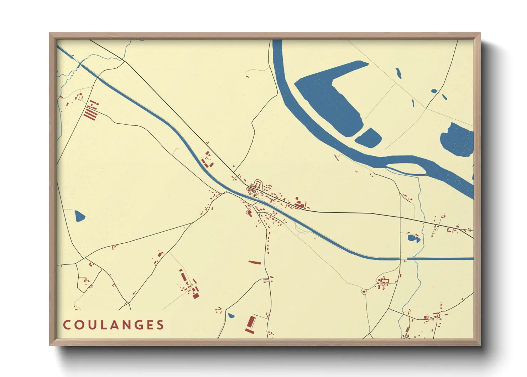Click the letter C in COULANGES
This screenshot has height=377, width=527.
click(67, 325)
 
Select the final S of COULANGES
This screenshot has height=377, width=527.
click(161, 325)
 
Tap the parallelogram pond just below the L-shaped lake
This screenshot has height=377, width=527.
click(368, 138)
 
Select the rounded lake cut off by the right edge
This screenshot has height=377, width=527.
click(458, 140)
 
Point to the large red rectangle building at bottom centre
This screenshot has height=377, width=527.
click(251, 324)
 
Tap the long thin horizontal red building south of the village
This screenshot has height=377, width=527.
click(255, 262)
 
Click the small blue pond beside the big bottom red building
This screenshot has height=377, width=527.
click(231, 315)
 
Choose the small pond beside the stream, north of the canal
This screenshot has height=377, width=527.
click(413, 238)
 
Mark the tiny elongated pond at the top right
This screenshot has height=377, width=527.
click(398, 73)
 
